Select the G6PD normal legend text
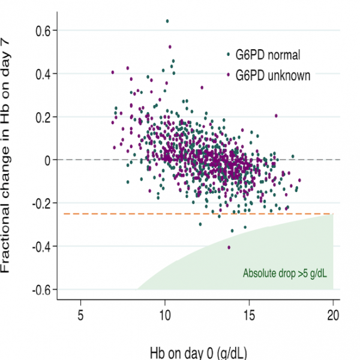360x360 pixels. pyautogui.click(x=268, y=56)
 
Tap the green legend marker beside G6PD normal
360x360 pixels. pyautogui.click(x=228, y=55)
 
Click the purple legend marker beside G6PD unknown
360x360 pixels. pyautogui.click(x=228, y=76)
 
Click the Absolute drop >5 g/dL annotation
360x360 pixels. pyautogui.click(x=285, y=274)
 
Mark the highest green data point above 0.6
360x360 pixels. pyautogui.click(x=167, y=21)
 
